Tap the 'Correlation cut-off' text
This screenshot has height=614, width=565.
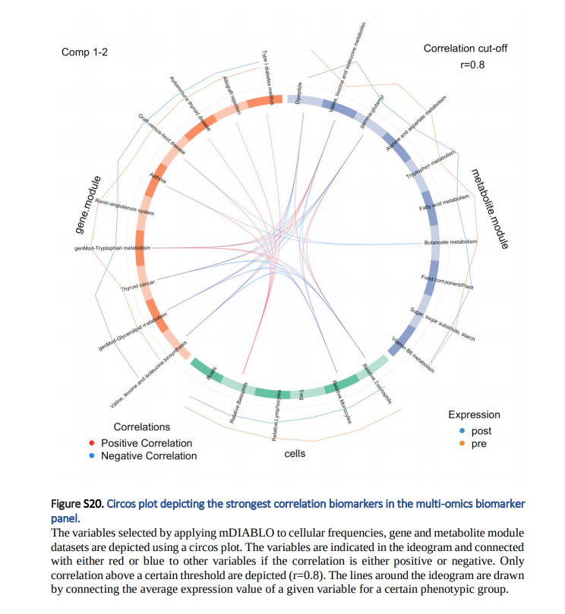[x=465, y=49]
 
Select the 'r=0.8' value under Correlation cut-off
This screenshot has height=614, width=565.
[x=472, y=65]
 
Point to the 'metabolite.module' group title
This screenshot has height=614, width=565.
[x=489, y=208]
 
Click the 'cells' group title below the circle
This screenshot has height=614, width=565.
[x=295, y=454]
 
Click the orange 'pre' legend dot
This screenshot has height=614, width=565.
[x=462, y=444]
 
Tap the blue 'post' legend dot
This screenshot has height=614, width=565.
[x=462, y=431]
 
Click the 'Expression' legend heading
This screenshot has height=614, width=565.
[x=474, y=414]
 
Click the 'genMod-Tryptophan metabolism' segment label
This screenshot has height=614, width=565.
[x=114, y=248]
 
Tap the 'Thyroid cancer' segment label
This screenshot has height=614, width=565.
[x=137, y=288]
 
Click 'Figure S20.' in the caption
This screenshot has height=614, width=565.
[x=76, y=504]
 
